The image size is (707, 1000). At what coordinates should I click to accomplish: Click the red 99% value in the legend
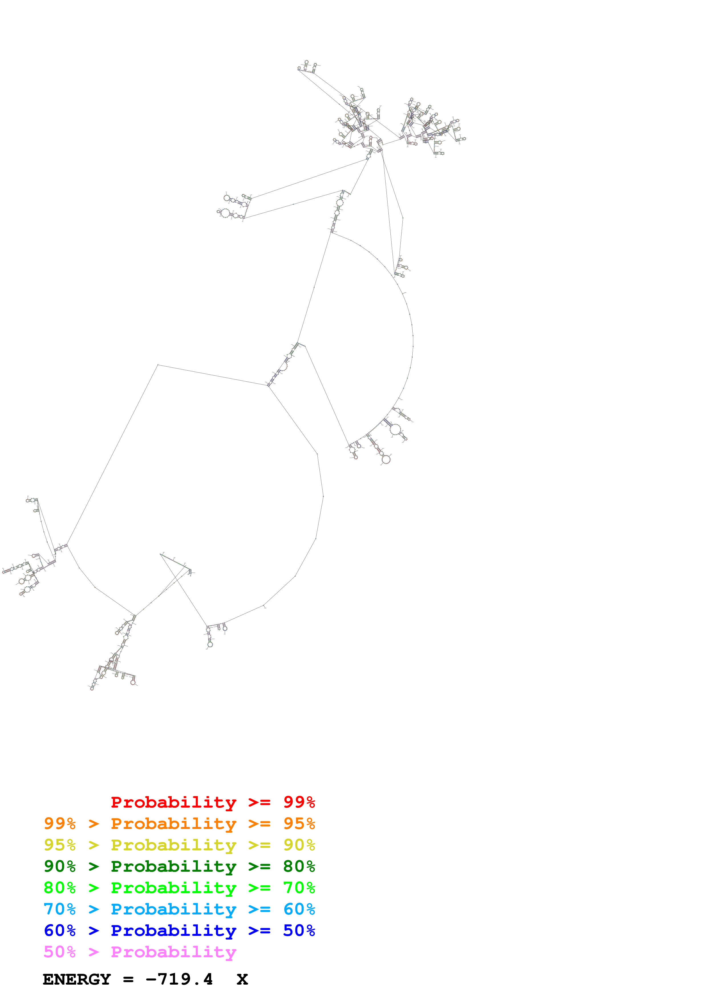[299, 802]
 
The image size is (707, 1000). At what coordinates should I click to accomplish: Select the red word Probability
[173, 802]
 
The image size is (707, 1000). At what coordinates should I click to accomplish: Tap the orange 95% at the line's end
[299, 823]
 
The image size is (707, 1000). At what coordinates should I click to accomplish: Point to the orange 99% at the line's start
[60, 823]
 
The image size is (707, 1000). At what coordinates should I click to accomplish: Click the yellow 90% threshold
[299, 845]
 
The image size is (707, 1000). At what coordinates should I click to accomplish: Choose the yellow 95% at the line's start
[60, 845]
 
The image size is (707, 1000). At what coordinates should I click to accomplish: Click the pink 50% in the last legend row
[60, 952]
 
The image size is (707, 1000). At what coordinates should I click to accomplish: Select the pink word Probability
[173, 952]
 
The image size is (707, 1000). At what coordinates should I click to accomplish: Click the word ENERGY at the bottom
[77, 979]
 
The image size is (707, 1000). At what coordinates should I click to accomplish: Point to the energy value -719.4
[179, 979]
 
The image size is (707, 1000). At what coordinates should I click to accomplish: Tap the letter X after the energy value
[242, 979]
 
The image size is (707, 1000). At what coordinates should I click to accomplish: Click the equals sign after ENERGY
[128, 979]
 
